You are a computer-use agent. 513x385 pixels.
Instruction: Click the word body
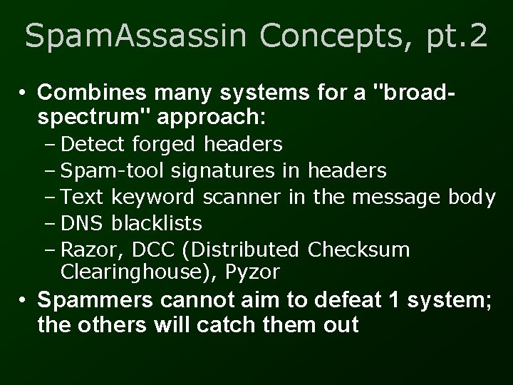click(472, 197)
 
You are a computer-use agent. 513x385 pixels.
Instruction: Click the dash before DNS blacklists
click(53, 223)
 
